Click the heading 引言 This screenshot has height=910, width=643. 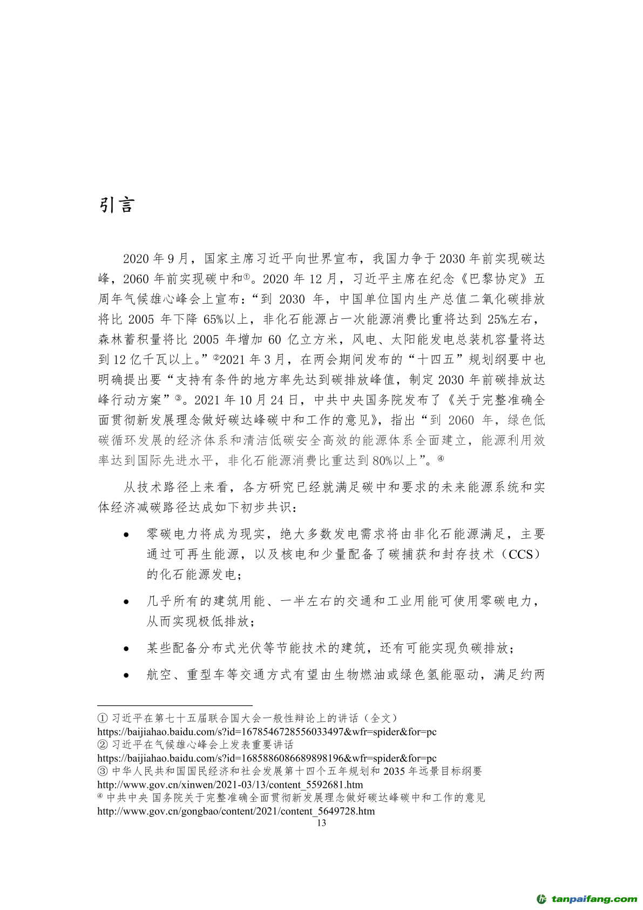[117, 205]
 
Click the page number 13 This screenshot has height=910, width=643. [321, 823]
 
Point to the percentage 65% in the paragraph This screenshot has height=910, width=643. [213, 319]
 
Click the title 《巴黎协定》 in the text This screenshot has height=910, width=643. [491, 279]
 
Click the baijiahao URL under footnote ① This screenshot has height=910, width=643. [267, 732]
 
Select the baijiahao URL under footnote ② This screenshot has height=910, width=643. [267, 758]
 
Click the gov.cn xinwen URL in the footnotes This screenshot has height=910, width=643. [230, 785]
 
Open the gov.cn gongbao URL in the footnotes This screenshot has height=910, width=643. [236, 811]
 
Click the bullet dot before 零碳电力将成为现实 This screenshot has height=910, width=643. [126, 535]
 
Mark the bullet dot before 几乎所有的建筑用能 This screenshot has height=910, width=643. [126, 602]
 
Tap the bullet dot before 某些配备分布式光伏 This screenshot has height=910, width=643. [126, 648]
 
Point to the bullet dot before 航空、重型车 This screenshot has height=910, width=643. [126, 675]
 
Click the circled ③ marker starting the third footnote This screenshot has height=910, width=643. [103, 772]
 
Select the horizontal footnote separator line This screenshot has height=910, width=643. [175, 705]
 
